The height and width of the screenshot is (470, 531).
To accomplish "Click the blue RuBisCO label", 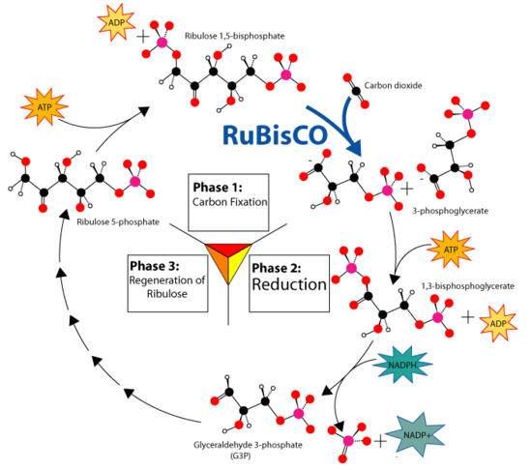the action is click(x=275, y=135).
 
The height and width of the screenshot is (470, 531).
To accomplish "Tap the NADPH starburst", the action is click(x=402, y=365).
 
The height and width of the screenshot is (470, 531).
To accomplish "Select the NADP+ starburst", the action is click(x=416, y=435).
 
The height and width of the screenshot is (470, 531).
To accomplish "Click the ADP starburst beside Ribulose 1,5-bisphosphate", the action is click(x=116, y=22).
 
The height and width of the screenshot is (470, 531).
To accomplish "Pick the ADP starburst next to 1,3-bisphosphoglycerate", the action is click(x=498, y=323).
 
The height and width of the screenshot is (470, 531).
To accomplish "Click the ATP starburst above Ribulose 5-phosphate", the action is click(x=44, y=107).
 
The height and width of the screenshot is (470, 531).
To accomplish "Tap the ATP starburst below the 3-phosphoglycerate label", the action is click(x=451, y=250).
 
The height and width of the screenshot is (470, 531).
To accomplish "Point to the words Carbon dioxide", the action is click(x=393, y=86).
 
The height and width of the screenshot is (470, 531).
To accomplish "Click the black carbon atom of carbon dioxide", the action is click(x=356, y=91).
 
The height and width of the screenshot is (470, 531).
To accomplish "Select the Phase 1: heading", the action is click(x=218, y=188).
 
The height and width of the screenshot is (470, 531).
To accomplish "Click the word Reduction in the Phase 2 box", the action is click(x=289, y=284).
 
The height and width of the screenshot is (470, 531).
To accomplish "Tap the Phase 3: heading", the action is click(x=155, y=266).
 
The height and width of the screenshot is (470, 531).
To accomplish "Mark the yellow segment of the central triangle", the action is click(x=238, y=264).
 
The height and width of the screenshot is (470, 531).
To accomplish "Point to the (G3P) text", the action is click(x=241, y=456).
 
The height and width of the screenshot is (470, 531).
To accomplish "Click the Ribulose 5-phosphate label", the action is click(x=118, y=222).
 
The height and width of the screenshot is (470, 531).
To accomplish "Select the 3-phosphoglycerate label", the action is click(x=450, y=211).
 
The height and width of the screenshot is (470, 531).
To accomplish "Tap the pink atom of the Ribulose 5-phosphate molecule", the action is click(x=134, y=181).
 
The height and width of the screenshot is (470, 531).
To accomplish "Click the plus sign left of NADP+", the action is click(x=380, y=442).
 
